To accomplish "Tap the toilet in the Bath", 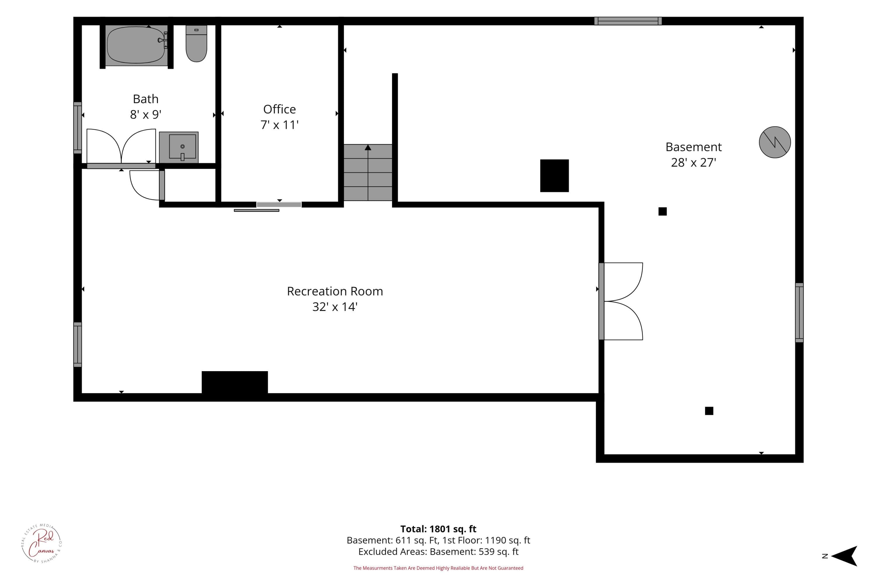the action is coord(196,44).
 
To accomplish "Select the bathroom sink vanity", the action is coord(179,147).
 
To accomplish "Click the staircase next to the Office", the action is coord(368,173).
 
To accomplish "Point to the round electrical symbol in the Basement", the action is coord(775,142).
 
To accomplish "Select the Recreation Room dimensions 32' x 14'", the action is coord(335,307).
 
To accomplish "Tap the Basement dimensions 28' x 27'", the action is coord(693,162).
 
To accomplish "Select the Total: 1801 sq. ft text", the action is coord(438,529).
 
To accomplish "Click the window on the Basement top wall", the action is coord(628,21).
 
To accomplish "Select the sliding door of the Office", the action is coord(268,207).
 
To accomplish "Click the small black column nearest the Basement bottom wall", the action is coord(709,411).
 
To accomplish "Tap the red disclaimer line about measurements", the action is coord(438,568).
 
